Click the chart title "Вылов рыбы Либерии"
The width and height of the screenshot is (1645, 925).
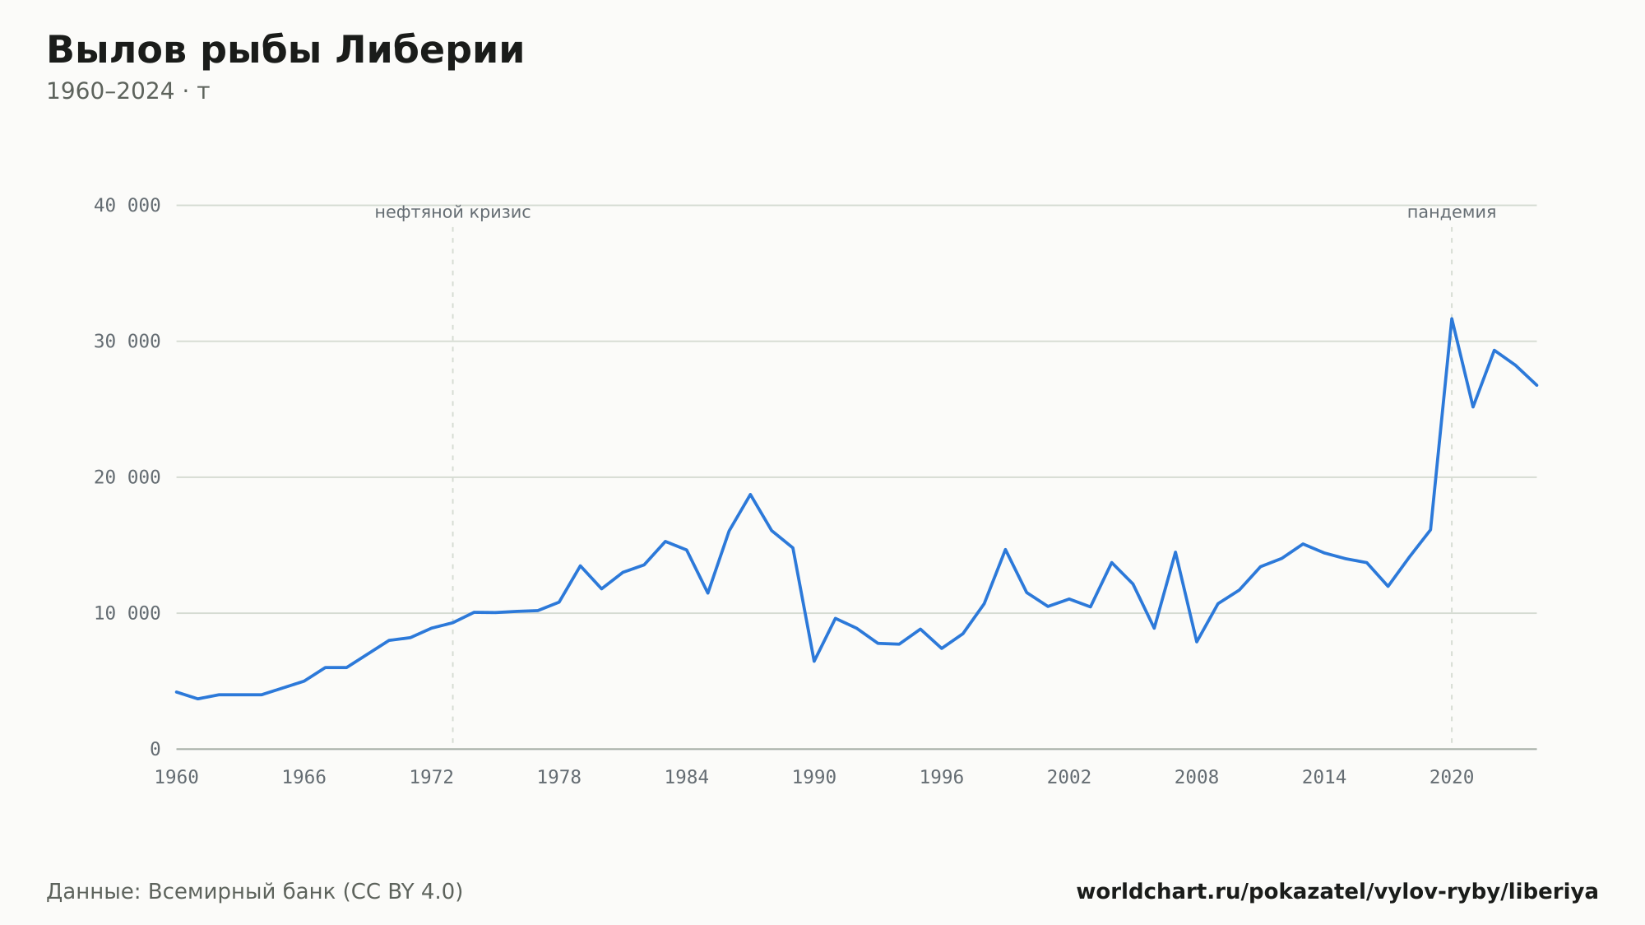[285, 51]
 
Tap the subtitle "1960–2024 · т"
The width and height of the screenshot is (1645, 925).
[128, 91]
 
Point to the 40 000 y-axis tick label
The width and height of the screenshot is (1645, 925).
[127, 206]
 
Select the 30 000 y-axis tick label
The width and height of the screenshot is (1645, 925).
[127, 342]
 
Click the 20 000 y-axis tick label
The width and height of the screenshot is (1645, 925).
[127, 477]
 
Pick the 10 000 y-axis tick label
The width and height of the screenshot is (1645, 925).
[127, 613]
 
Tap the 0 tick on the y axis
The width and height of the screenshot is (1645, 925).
[155, 749]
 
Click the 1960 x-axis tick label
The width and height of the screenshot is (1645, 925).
[177, 778]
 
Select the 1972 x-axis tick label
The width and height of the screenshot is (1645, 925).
[432, 778]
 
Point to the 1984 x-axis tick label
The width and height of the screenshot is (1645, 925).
[687, 778]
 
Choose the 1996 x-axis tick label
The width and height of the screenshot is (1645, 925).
[942, 778]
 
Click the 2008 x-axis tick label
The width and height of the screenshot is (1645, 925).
[1197, 778]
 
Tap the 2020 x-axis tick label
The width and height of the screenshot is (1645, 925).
[1452, 778]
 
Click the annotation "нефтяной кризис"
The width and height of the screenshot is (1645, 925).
[452, 213]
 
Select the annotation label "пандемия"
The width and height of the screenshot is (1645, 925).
[1452, 213]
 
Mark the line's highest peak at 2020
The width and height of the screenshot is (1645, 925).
[1452, 318]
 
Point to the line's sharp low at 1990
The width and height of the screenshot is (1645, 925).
[814, 661]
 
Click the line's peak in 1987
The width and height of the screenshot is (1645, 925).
[750, 495]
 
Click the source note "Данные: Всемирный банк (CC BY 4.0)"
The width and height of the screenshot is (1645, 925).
[255, 892]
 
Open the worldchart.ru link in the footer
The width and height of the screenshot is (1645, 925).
[1337, 892]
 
